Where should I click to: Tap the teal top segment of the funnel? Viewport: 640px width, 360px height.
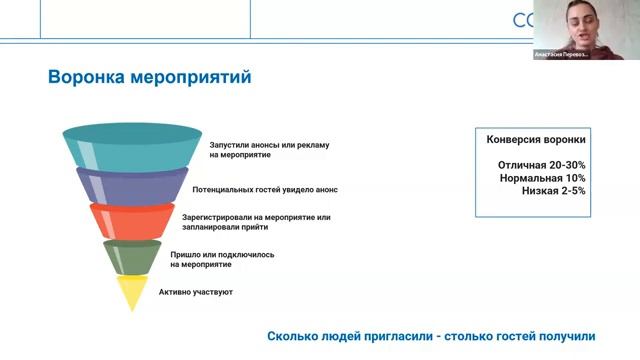tap(132, 148)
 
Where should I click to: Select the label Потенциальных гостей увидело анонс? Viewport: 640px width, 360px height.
tap(265, 188)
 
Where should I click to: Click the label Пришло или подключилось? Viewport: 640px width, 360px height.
tap(221, 254)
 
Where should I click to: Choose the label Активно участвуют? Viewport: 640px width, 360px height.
tap(195, 292)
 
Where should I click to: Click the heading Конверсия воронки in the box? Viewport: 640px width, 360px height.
tap(535, 139)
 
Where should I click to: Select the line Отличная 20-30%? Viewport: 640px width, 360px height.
tap(541, 164)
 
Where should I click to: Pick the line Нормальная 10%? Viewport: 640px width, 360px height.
tap(542, 177)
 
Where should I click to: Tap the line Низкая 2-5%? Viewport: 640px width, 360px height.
tap(553, 190)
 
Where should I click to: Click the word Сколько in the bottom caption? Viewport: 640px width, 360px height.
tap(294, 336)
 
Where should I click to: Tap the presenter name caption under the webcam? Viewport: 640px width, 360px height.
tap(561, 54)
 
